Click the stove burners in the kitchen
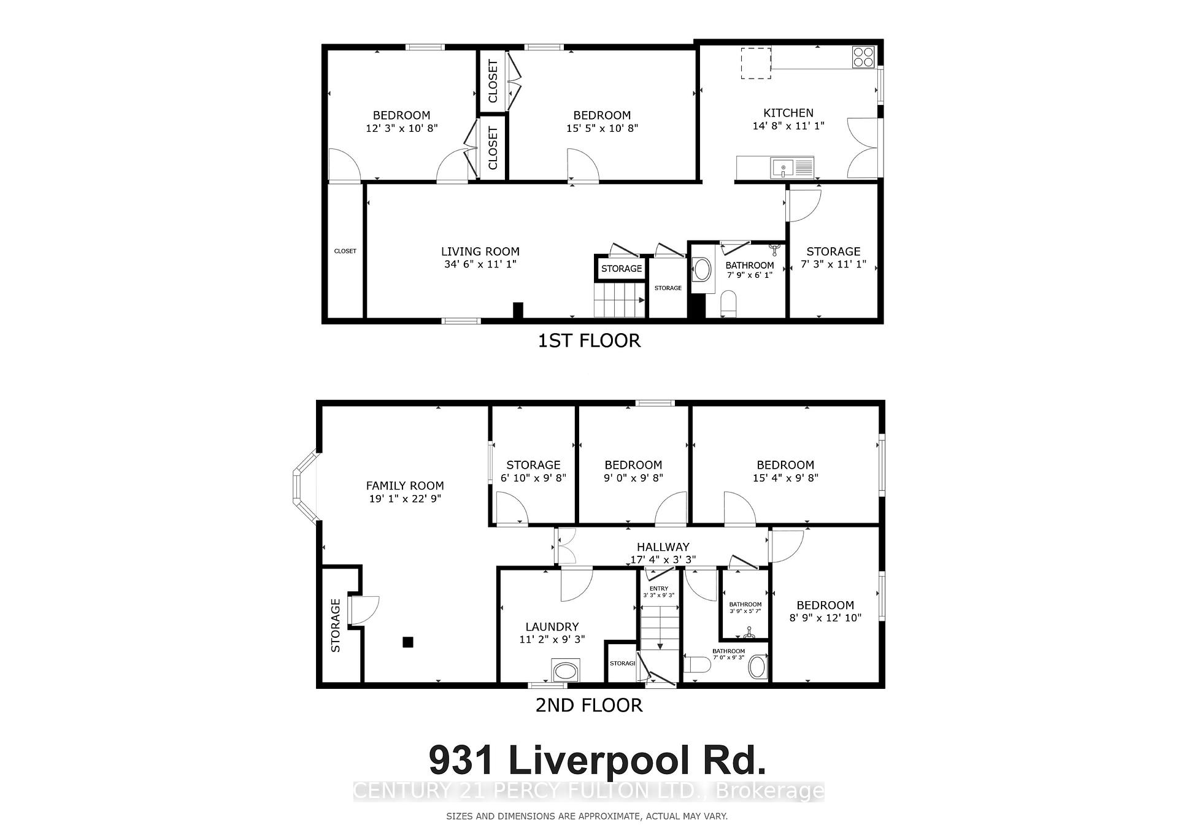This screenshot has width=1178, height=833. coord(863,57)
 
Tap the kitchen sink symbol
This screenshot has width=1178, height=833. coord(783,166)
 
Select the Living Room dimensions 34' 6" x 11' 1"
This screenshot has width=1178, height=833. coord(480,264)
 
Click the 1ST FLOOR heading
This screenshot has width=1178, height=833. coord(589,340)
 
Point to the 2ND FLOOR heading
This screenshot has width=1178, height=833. coord(589,705)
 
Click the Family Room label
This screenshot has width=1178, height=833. coord(405,486)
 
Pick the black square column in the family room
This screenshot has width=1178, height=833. coord(407,642)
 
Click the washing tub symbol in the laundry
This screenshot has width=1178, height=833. coord(565,670)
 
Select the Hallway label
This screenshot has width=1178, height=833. coord(663,547)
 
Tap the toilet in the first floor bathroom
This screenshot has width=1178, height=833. coord(728,304)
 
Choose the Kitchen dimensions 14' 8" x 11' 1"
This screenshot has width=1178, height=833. coord(788,126)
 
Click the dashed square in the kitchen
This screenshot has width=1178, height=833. coord(755,63)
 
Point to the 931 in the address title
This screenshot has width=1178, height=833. coord(462,761)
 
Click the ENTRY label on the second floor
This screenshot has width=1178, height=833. coord(658,589)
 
